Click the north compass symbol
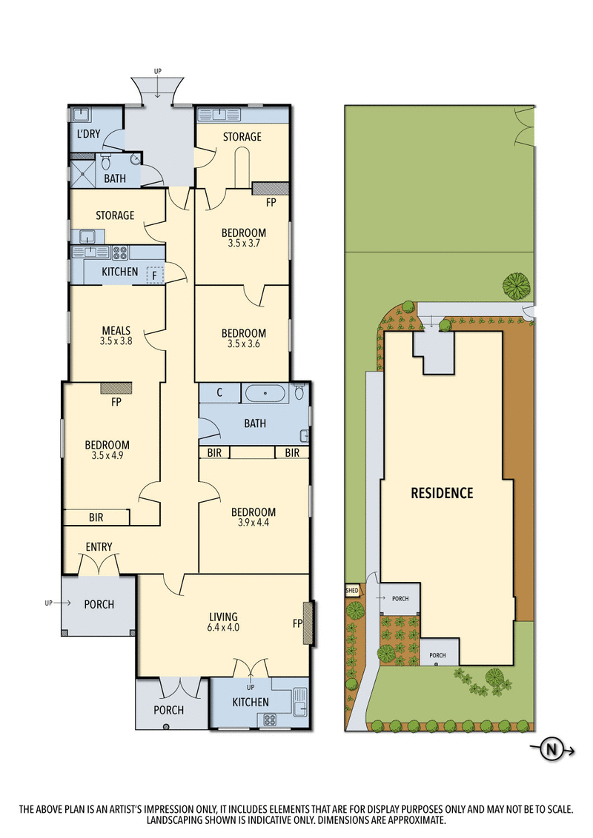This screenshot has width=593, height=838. pos(551,750)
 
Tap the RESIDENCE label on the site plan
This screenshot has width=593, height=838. pos(442,493)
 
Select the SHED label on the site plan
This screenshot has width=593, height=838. pos(352,591)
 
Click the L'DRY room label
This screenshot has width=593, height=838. pos(88,135)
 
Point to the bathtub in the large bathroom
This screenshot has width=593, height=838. pos(265,393)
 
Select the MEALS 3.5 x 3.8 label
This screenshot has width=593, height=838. pos(116,335)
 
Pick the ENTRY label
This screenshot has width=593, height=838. pos(99,547)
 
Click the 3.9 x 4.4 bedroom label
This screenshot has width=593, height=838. pos(253,517)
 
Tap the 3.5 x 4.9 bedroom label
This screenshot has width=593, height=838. pos(107,450)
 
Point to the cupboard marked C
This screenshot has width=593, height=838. pos(220,392)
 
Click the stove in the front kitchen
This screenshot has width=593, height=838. pos(267,718)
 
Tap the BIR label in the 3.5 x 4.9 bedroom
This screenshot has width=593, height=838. pos(96,517)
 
